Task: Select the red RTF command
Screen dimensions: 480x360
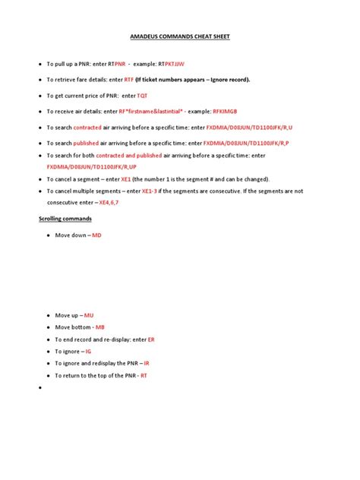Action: click(x=128, y=79)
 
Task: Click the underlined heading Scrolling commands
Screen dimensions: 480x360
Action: click(x=65, y=219)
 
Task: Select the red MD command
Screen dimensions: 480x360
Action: click(x=96, y=236)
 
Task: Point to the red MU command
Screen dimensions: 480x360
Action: click(x=89, y=314)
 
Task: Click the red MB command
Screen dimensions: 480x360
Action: click(x=100, y=327)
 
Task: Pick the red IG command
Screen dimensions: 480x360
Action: click(x=88, y=352)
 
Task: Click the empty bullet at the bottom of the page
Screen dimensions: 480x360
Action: click(x=37, y=387)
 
